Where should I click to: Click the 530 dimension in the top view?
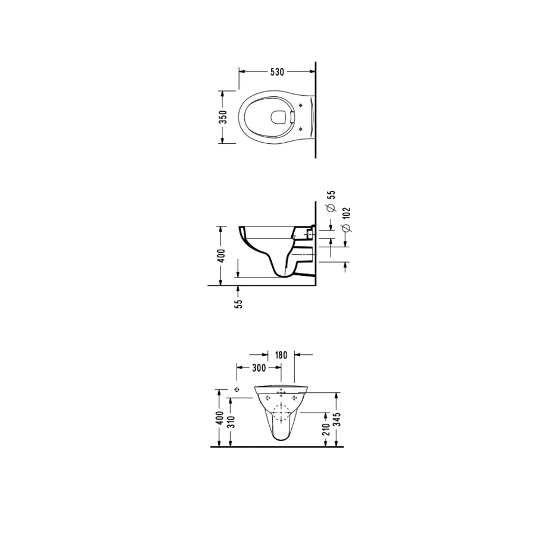tap(277, 72)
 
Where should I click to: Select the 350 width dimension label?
tap(223, 117)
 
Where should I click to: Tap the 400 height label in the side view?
tap(221, 256)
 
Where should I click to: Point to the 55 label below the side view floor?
tap(239, 304)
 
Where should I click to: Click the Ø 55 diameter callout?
tap(331, 201)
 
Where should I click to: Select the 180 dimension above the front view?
tap(281, 355)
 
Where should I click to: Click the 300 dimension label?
tap(259, 368)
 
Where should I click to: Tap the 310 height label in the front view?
tap(232, 422)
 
